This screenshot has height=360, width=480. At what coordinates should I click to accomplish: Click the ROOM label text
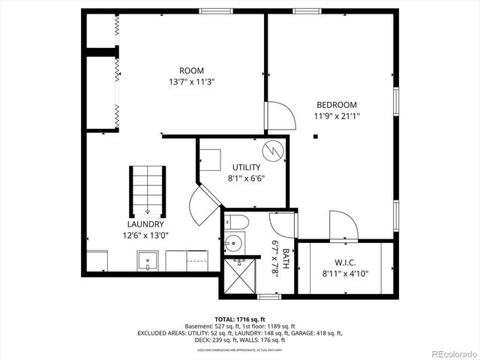point(191,70)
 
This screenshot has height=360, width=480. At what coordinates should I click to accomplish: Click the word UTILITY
point(246,167)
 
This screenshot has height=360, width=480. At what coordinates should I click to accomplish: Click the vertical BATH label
point(285,253)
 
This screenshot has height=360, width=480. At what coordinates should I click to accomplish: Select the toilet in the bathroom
point(235,222)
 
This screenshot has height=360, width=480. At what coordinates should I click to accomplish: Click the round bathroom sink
point(234,243)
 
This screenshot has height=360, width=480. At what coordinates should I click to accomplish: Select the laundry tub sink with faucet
point(147,262)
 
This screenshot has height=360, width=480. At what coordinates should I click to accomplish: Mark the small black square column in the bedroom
point(316,136)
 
